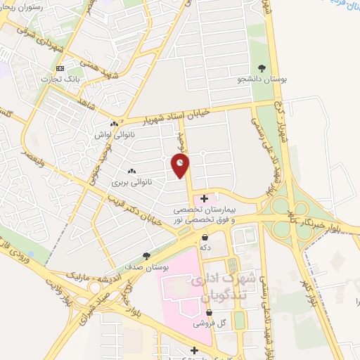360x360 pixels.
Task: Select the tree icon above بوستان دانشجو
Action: point(262,68)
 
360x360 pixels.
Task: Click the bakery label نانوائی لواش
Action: point(113,133)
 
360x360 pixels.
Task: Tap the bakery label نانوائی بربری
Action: point(130,181)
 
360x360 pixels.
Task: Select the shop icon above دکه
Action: point(205,238)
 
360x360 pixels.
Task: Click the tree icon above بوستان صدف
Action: point(146,256)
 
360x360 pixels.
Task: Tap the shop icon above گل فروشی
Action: point(209,312)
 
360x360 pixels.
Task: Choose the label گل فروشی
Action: point(209,323)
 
